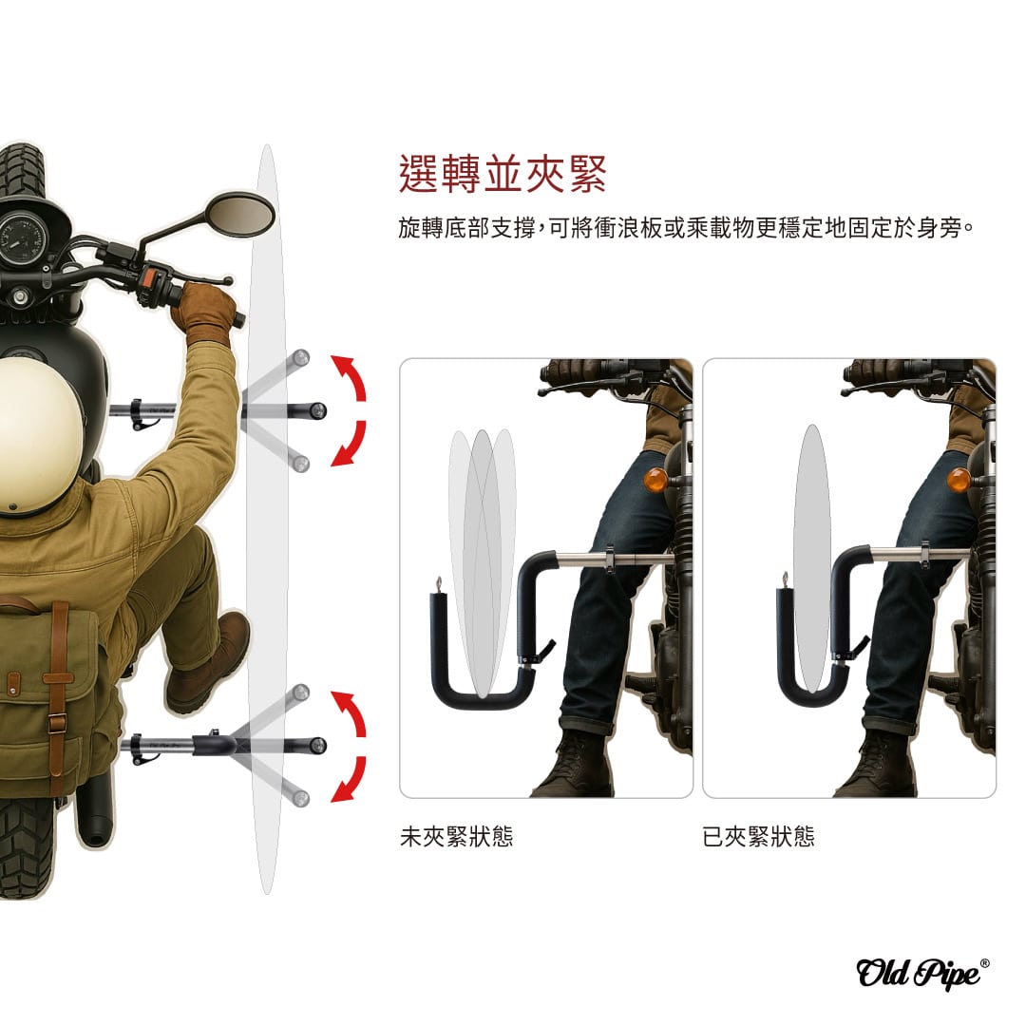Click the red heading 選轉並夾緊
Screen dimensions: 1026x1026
point(503,174)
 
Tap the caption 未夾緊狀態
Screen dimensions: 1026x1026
point(456,836)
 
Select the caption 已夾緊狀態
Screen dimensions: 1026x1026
point(758,836)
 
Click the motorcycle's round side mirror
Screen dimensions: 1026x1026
point(240,214)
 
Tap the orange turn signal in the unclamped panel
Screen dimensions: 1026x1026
point(655,481)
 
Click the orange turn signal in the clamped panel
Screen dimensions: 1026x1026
point(959,481)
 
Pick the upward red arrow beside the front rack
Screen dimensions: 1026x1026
point(349,377)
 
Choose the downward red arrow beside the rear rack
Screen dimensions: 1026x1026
point(349,779)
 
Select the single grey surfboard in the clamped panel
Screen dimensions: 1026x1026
point(812,559)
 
